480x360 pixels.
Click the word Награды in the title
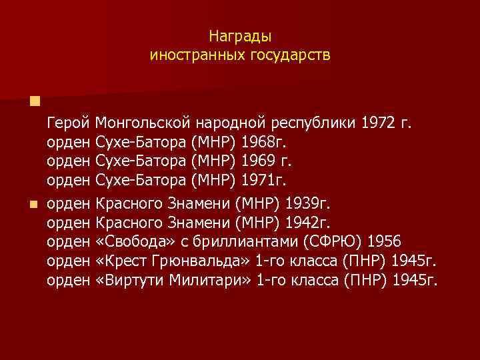(240, 36)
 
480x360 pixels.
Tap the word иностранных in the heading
(192, 55)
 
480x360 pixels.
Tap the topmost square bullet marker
(35, 101)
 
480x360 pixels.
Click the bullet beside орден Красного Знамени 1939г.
(35, 202)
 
